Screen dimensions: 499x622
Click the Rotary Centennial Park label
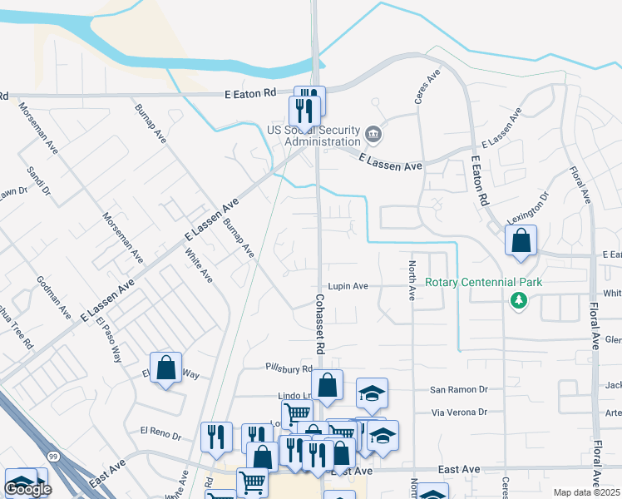[x=483, y=282]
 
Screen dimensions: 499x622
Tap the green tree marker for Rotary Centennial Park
[x=520, y=300]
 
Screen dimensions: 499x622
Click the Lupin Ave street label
[x=348, y=286]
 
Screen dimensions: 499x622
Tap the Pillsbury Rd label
[x=289, y=368]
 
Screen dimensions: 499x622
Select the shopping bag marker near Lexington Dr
[x=521, y=241]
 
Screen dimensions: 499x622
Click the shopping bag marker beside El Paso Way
[x=166, y=368]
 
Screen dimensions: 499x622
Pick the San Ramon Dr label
[x=458, y=389]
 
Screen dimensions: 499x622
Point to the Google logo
[x=27, y=489]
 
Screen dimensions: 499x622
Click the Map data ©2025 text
[x=587, y=492]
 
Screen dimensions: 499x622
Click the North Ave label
[x=412, y=279]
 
